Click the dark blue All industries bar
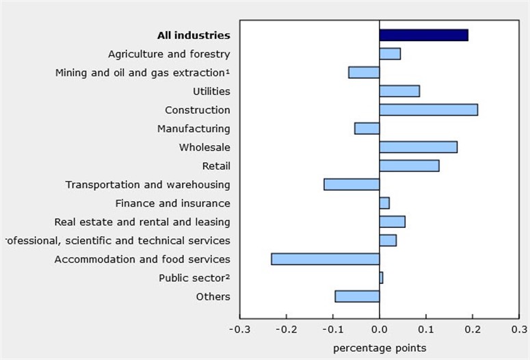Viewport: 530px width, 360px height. (x=423, y=35)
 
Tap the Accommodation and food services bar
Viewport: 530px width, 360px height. (x=325, y=259)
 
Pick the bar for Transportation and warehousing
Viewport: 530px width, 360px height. (x=352, y=184)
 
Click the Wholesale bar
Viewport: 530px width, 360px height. (x=418, y=147)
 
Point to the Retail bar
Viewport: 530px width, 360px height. (x=409, y=166)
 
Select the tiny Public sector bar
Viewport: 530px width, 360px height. (x=381, y=277)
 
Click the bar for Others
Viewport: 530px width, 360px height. (x=357, y=296)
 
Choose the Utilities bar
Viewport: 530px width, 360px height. (x=399, y=91)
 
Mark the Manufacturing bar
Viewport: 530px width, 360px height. (x=367, y=128)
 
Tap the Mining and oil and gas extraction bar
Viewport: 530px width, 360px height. (x=364, y=73)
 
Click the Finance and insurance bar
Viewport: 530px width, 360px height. (x=384, y=203)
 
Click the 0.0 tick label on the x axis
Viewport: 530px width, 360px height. (x=379, y=329)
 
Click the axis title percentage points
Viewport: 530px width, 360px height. (x=379, y=348)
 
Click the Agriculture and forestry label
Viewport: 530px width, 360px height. (x=169, y=54)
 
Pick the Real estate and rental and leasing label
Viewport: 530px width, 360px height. (x=142, y=222)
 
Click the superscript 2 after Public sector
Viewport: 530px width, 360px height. (x=228, y=276)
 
